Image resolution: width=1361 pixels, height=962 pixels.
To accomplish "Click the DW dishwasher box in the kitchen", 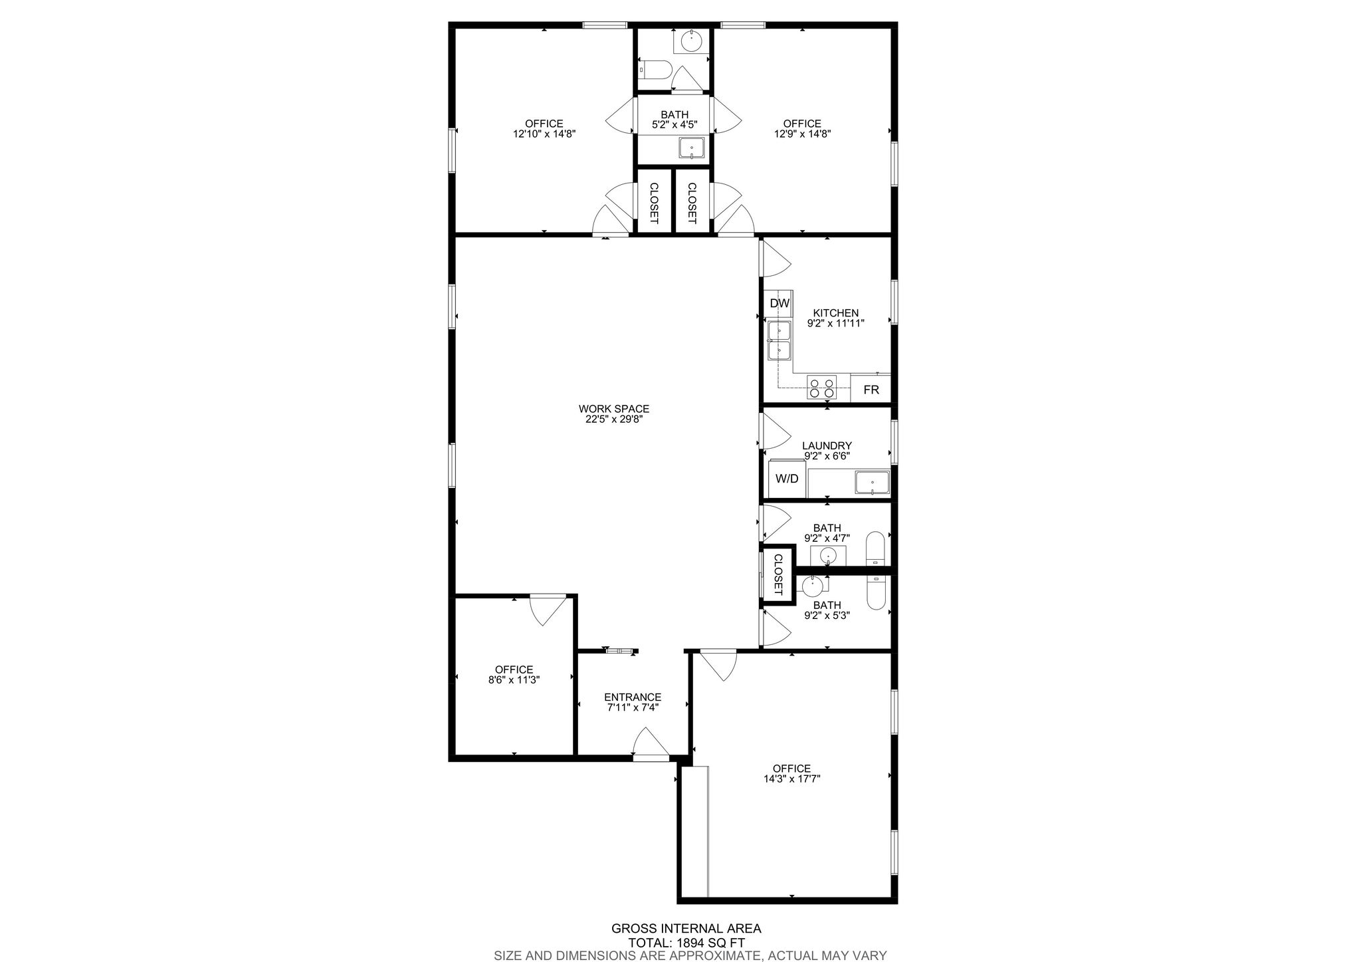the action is click(779, 303).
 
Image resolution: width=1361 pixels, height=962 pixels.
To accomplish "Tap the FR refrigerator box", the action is click(871, 389).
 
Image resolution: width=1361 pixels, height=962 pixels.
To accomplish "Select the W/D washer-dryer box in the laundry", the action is click(787, 478).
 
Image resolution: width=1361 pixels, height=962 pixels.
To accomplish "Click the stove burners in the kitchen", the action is click(822, 387).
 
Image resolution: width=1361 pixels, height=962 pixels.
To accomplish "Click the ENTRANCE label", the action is click(633, 697).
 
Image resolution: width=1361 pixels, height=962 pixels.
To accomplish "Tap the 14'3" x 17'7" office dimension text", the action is click(791, 779).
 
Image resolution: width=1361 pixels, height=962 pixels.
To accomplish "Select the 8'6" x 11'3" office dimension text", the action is click(514, 679).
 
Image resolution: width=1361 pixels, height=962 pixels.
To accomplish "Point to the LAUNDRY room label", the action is click(827, 445).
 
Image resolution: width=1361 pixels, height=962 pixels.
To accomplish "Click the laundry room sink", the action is click(872, 483).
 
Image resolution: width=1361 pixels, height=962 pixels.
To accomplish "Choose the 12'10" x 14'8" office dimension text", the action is click(544, 134).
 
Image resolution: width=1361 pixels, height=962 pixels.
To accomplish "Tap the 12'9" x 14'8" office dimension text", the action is click(802, 134).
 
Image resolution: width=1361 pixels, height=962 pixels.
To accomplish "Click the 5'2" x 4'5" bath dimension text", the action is click(675, 124).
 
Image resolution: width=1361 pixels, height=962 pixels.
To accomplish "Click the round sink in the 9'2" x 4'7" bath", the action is click(828, 555).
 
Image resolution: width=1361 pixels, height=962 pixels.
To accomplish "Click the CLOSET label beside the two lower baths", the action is click(778, 574).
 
